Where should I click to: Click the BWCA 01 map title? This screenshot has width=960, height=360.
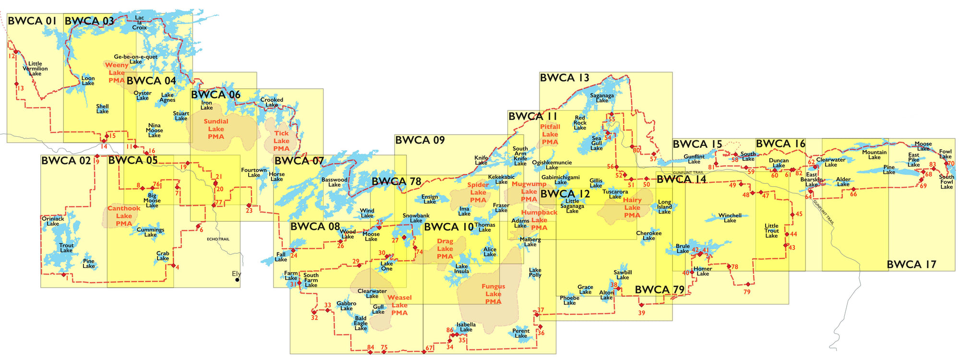pos(32,21)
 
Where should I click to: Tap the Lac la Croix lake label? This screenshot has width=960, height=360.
pos(139,23)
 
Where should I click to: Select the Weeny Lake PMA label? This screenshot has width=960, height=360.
pos(117,72)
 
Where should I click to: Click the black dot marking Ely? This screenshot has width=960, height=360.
pos(237,279)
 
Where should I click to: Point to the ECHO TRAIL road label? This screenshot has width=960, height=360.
pos(218,239)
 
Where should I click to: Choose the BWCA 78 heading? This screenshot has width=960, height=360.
pos(396,181)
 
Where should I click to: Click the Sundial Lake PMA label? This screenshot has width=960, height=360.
pos(216,129)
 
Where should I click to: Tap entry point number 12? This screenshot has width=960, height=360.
pos(12,56)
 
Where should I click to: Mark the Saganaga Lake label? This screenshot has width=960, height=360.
pos(602,98)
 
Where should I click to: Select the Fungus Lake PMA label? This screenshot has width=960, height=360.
pos(493,294)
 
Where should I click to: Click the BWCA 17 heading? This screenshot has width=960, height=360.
pos(911,264)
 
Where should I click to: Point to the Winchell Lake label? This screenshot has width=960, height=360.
pos(730,218)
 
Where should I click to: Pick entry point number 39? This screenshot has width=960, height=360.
pos(641,312)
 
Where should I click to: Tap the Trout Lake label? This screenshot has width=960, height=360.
pos(66,248)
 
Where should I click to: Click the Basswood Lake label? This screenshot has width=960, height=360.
pos(334,182)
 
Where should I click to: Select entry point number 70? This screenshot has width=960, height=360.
pos(950,164)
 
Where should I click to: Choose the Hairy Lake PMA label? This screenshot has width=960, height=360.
pos(632,207)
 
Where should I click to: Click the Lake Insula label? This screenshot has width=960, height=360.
pos(461,269)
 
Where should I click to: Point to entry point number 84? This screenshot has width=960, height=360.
pos(370,348)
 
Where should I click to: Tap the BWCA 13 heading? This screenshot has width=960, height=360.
pos(564,78)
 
